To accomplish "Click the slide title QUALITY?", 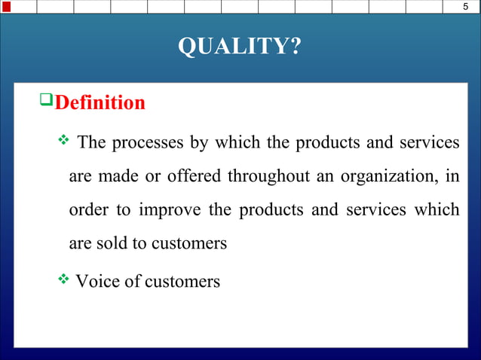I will [x=240, y=47].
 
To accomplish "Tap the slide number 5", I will [x=465, y=8].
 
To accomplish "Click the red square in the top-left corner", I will [x=6, y=7].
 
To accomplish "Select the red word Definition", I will [x=100, y=102].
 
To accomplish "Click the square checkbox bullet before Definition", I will [x=46, y=100].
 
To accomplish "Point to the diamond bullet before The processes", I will [x=63, y=141].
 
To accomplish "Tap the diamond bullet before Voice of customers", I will [x=63, y=280].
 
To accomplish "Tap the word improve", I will [x=170, y=210].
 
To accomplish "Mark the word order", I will [x=88, y=210].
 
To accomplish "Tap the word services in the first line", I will [x=431, y=142].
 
